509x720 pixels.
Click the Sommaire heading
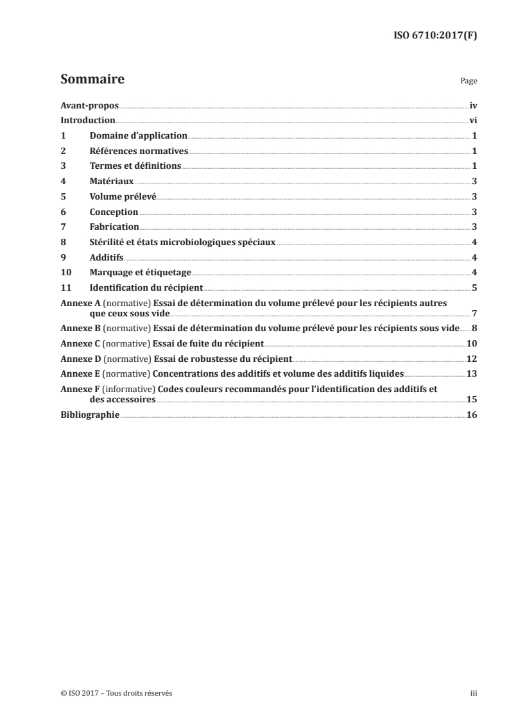point(92,80)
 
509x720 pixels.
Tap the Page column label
point(469,82)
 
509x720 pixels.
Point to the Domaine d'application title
point(138,136)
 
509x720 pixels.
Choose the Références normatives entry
point(138,151)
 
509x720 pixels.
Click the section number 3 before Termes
point(63,166)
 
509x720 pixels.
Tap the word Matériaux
point(112,182)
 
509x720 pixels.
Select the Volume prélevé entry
point(123,197)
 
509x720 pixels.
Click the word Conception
point(114,212)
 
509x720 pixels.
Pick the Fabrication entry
point(114,227)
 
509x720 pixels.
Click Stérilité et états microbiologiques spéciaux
point(182,243)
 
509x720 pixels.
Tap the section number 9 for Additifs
point(63,257)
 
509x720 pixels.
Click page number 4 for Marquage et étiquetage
point(474,273)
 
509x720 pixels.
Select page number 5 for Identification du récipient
point(474,288)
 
